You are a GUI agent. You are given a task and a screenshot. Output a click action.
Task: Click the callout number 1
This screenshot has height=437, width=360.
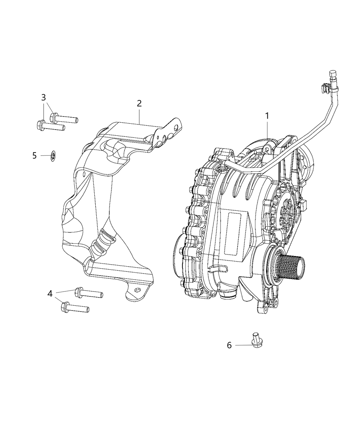(267, 116)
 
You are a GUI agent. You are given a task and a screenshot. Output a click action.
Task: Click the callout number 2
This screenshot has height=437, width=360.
(139, 103)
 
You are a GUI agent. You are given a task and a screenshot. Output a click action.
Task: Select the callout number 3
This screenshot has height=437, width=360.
(44, 97)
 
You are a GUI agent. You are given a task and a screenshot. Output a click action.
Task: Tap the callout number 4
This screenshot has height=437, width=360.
(50, 294)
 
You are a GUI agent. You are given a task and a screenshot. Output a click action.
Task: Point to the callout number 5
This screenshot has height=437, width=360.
(34, 156)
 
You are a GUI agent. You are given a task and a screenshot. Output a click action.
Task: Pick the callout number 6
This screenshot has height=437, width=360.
(229, 345)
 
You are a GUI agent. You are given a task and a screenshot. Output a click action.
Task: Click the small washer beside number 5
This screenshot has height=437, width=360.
(53, 156)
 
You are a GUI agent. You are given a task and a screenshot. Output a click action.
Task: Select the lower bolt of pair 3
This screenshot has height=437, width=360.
(50, 126)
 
